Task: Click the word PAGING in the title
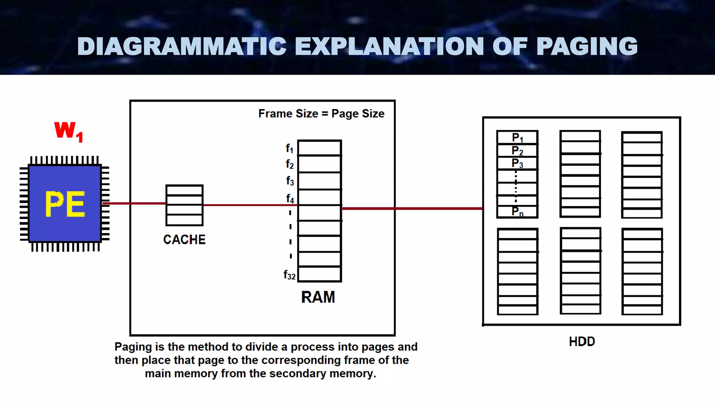click(587, 46)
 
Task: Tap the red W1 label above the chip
click(69, 131)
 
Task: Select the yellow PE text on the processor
click(65, 204)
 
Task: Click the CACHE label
click(184, 240)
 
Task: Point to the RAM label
click(318, 297)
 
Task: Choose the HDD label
click(582, 341)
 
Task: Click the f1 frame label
click(289, 149)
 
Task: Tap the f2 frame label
click(289, 164)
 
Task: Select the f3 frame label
click(290, 181)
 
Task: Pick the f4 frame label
click(290, 199)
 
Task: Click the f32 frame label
click(289, 275)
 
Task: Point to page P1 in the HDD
click(517, 138)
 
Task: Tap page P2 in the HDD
click(517, 151)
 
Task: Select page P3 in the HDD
click(517, 163)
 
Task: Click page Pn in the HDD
click(517, 211)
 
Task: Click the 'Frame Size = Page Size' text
click(321, 114)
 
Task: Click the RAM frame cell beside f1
click(319, 148)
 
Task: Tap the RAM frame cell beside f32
click(319, 274)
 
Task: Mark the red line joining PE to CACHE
click(134, 203)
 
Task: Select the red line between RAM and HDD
click(412, 209)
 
